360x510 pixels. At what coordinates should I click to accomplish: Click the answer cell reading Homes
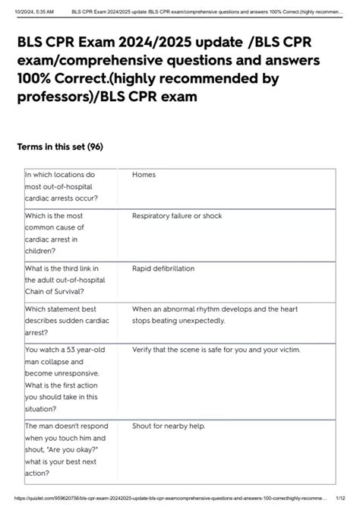(144, 175)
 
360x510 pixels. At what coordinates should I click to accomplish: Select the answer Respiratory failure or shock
(177, 216)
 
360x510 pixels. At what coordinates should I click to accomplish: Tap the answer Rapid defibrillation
(163, 268)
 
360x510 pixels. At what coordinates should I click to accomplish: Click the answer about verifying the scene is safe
(216, 350)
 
